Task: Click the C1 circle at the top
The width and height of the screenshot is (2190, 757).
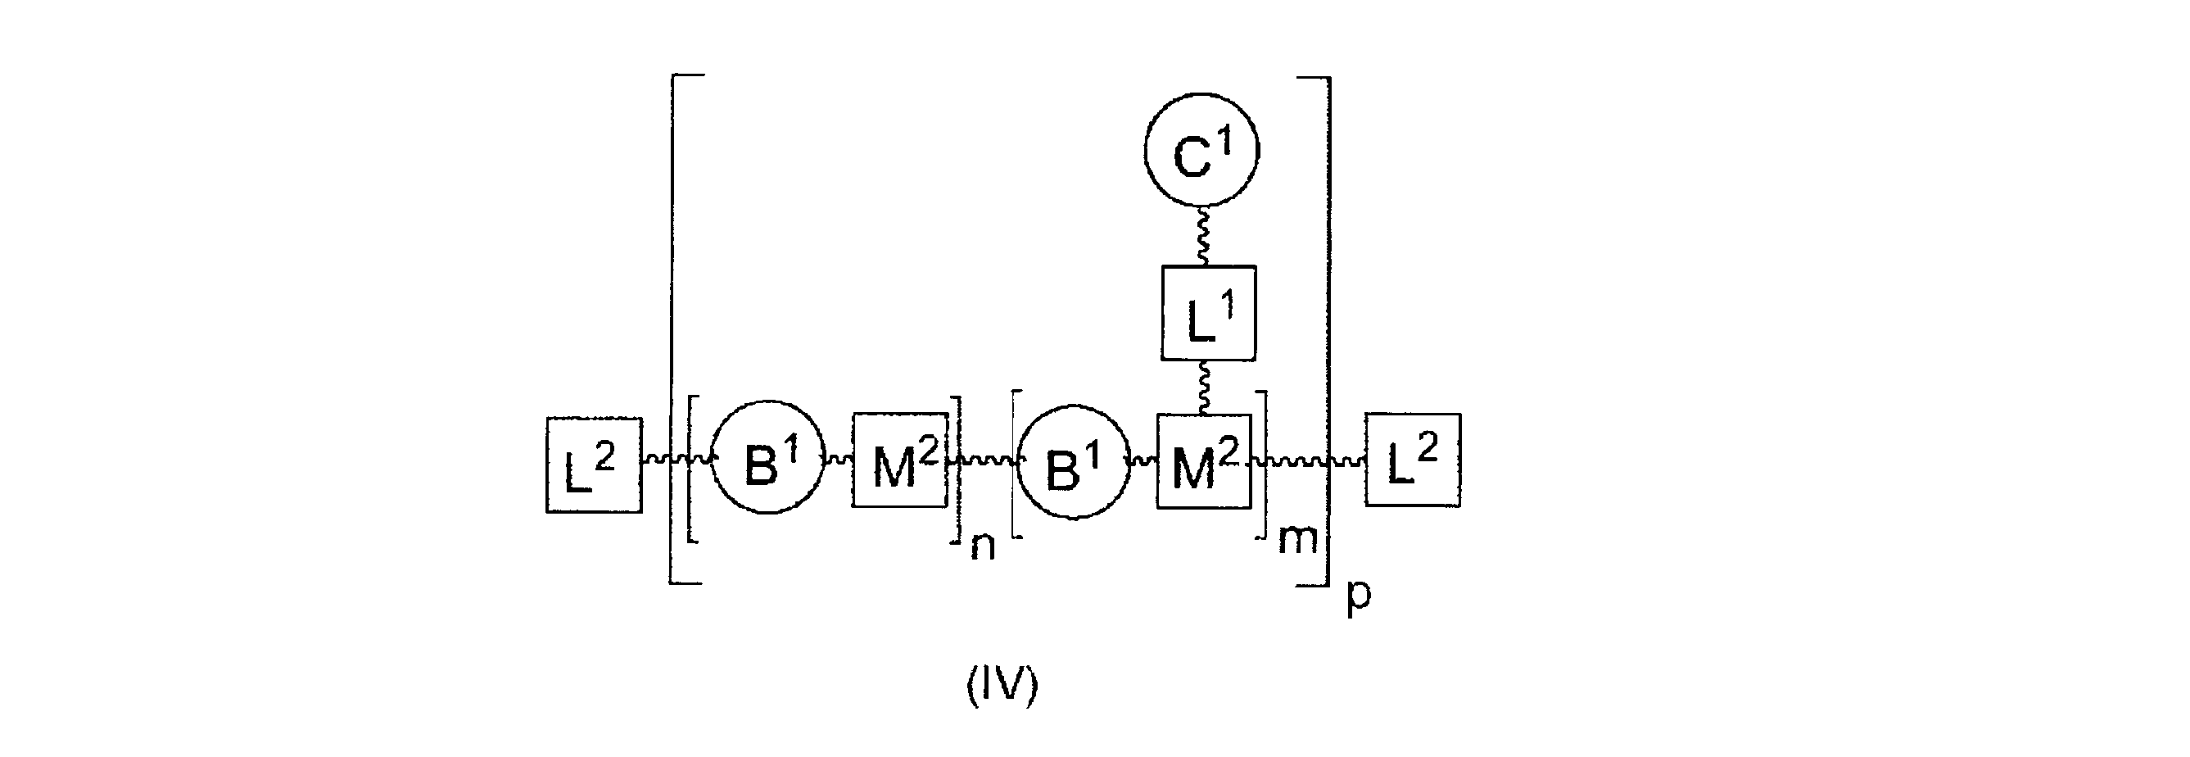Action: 1201,150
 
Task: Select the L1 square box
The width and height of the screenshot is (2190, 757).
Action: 1208,313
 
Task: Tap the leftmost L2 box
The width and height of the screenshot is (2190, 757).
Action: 594,465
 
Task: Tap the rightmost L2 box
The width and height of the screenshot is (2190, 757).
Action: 1413,460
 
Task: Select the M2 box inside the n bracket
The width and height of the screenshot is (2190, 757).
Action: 899,460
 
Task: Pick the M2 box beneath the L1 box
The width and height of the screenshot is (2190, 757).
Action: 1203,461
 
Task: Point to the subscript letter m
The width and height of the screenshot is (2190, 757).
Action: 1296,539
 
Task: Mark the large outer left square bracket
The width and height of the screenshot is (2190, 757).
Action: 673,330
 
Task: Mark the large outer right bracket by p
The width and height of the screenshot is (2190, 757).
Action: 1325,330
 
